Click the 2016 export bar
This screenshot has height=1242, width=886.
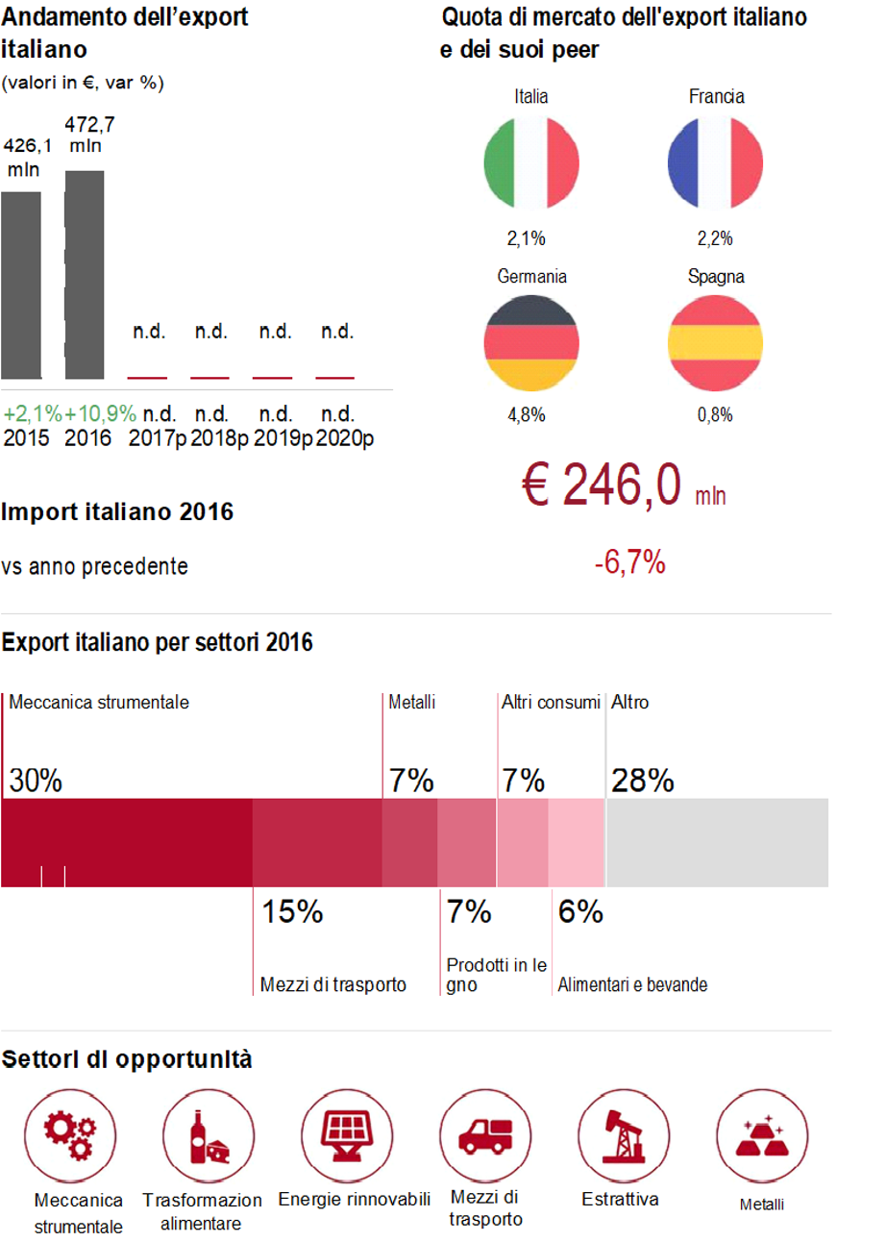tap(85, 275)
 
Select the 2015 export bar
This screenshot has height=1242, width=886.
tap(21, 286)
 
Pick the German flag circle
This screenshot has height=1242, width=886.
tap(531, 343)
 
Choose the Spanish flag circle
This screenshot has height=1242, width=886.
tap(715, 343)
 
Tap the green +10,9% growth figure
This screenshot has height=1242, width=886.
tap(100, 414)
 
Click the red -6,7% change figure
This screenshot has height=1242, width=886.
tap(629, 564)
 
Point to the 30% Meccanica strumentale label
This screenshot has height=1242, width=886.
tap(36, 780)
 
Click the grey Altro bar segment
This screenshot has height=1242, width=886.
tap(717, 842)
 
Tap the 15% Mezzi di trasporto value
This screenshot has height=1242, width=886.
tap(292, 911)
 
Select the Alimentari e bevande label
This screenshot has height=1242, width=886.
tap(633, 985)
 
